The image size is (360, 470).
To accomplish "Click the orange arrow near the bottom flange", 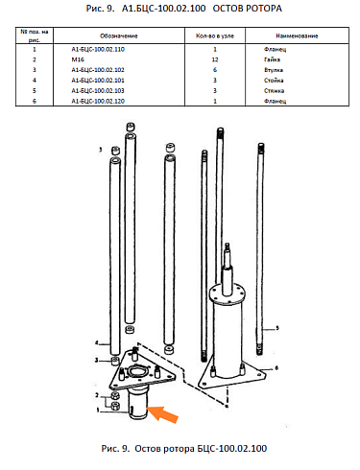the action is coord(162,413).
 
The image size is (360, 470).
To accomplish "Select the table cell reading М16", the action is coord(78,59).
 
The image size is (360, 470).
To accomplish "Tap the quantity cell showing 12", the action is coord(215,59).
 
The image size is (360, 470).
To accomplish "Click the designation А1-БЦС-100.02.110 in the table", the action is coord(98,49).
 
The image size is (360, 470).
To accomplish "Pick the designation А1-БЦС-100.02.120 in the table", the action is coord(98,101).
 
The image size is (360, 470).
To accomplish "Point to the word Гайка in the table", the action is coord(272,59).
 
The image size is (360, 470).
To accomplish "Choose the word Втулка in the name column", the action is coord(274,70).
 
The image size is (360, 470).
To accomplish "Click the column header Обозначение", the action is coord(119,35).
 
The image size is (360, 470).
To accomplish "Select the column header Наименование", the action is coord(297,35).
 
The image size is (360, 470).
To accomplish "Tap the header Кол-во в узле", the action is coord(215,35).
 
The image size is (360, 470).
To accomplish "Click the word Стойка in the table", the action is coord(274,81).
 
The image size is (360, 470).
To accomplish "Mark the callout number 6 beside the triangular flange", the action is coord(276,368).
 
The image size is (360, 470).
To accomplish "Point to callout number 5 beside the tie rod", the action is coord(277,328).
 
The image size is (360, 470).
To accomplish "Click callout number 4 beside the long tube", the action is coord(97,343).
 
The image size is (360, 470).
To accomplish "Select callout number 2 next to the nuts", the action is coord(97,395).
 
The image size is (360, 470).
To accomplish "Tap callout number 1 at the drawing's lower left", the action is coord(98,410).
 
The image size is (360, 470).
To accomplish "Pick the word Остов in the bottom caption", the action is coord(148,449).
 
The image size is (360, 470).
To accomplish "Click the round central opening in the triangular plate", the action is coord(138,372).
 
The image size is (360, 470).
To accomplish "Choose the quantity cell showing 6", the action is coord(215,70).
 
